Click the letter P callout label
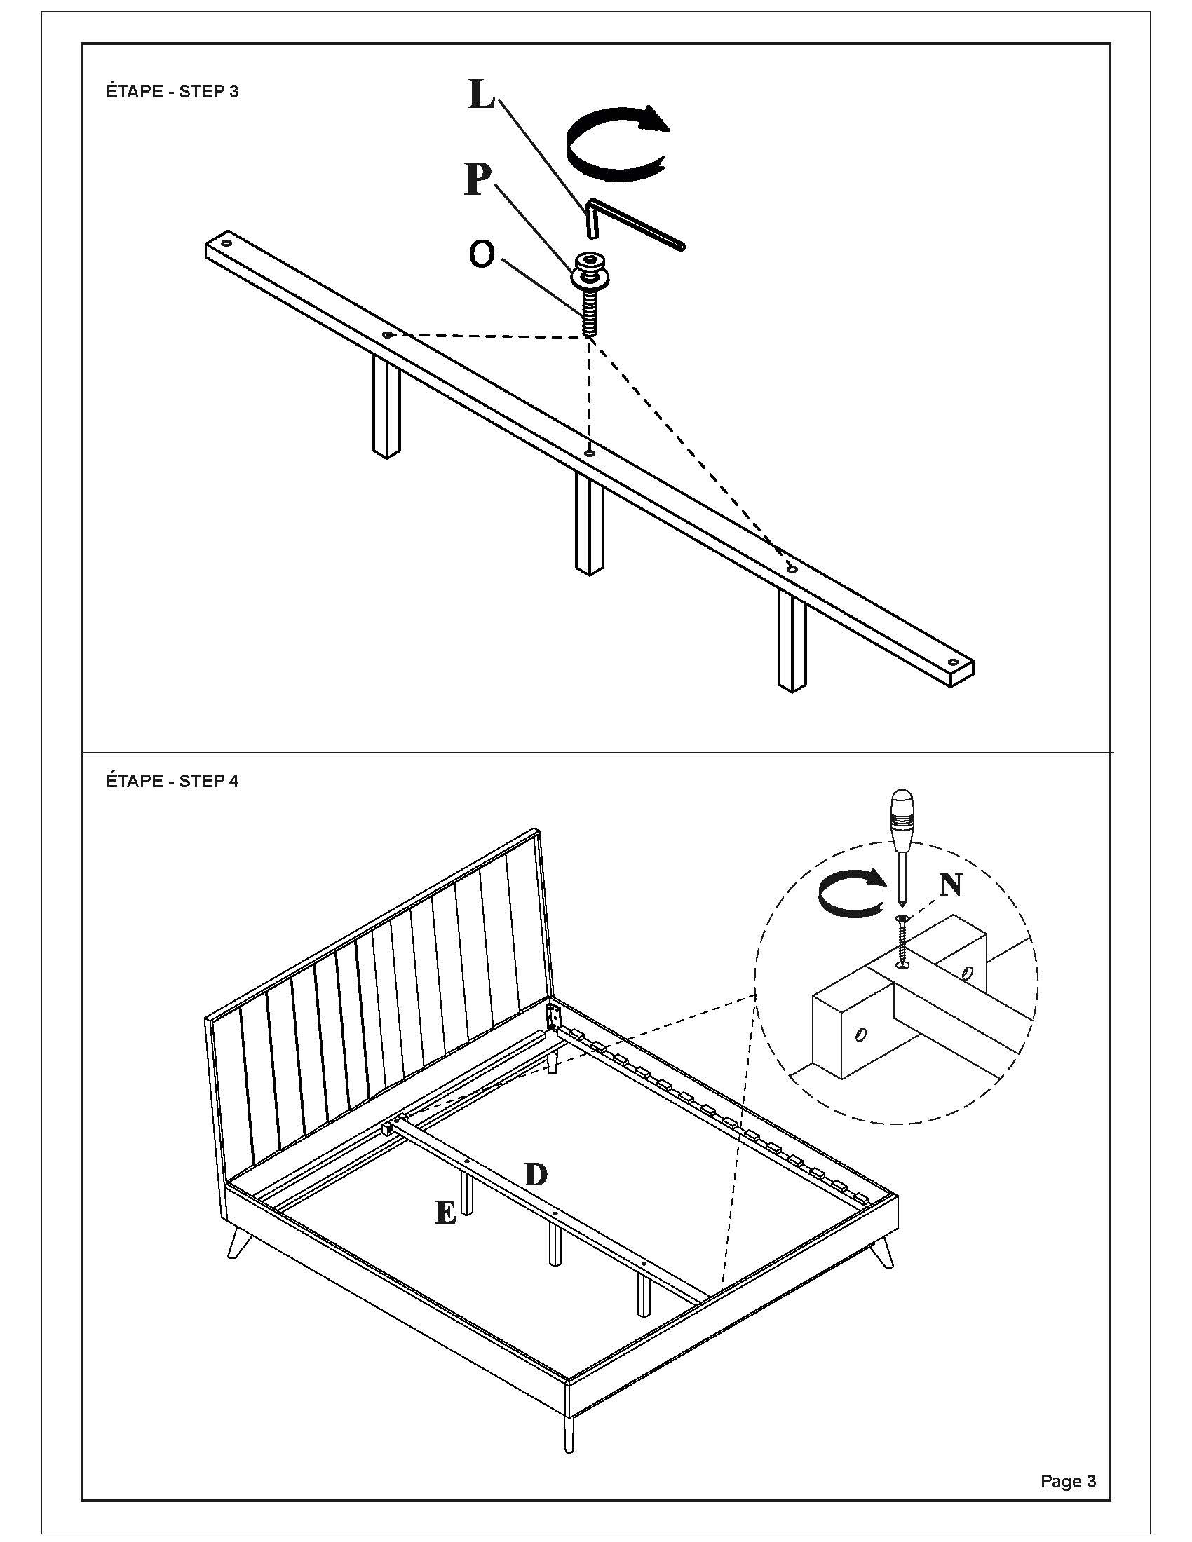(x=478, y=179)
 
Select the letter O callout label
(x=481, y=255)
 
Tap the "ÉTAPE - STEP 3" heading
(x=172, y=92)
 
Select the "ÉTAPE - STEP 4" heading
(x=172, y=781)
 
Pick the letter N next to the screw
(x=951, y=885)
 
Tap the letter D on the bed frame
(x=536, y=1174)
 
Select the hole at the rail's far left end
(x=226, y=243)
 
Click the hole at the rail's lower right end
(x=954, y=663)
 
